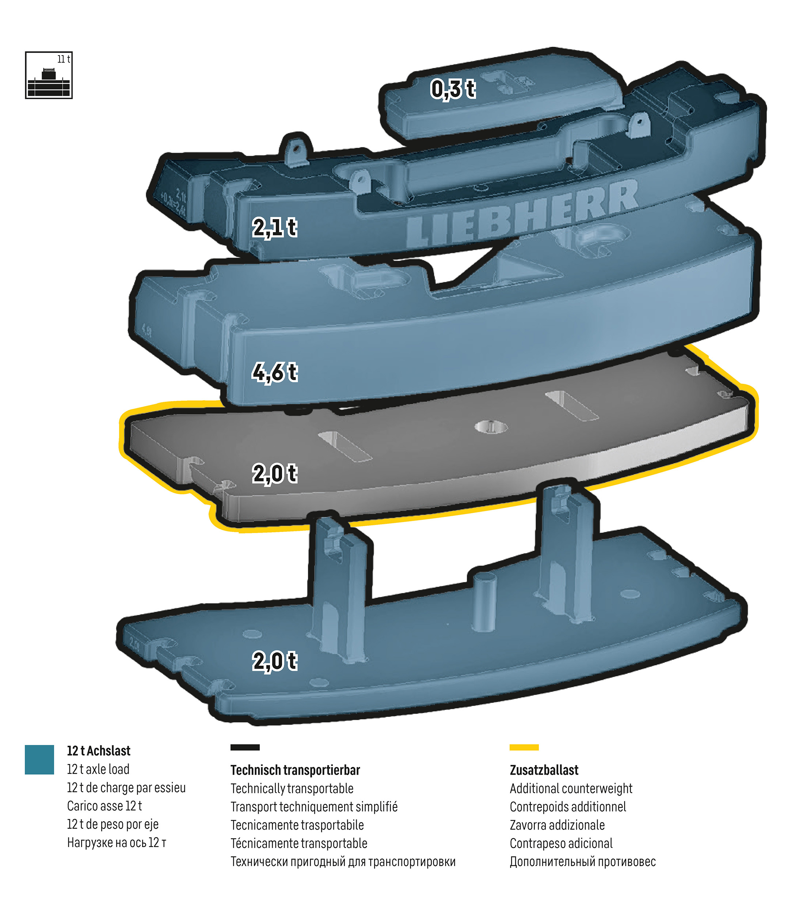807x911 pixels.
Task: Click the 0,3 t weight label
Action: coord(453,89)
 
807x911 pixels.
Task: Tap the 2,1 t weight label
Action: coord(274,227)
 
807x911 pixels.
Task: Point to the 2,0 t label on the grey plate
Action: coord(274,473)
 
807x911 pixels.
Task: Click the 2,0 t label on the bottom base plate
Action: coord(274,661)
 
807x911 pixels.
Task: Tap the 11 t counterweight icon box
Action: coord(49,75)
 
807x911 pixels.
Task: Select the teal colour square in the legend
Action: coord(39,759)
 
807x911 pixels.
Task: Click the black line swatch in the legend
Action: coord(245,748)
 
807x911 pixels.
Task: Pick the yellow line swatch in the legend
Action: coord(524,748)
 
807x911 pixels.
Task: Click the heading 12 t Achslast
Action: coord(98,751)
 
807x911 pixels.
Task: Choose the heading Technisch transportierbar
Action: coord(295,770)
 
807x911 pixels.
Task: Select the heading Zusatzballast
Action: coord(544,770)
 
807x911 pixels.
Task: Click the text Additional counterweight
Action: coord(571,789)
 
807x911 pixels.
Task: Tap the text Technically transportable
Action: coord(292,789)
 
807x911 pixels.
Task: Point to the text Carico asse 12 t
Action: coord(104,806)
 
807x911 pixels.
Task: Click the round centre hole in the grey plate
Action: coord(491,427)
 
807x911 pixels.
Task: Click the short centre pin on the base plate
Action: coord(484,602)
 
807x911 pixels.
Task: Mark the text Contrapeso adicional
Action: coord(561,843)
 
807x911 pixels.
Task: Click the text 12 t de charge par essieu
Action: coord(126,787)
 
